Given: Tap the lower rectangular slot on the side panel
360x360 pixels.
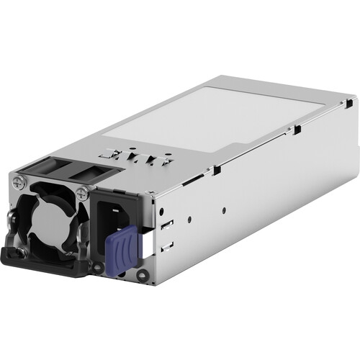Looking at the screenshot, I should point(167,246).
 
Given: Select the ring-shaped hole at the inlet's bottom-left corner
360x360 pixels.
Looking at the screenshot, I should point(98,268).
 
